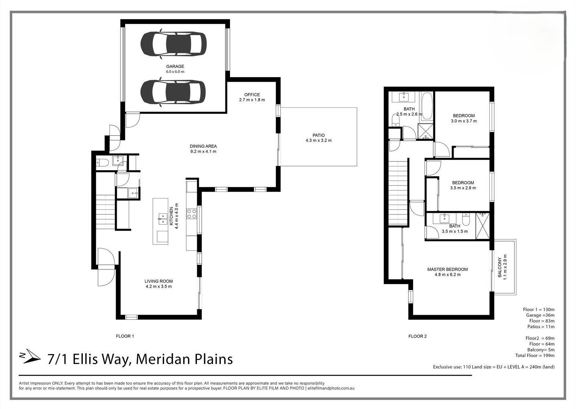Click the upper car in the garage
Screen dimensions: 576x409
(x=174, y=44)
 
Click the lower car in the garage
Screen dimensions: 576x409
(x=173, y=92)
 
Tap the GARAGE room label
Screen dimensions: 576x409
(x=175, y=66)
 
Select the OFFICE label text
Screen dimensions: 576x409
(x=252, y=95)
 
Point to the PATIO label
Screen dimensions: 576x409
(x=319, y=135)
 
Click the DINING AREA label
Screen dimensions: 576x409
(x=203, y=147)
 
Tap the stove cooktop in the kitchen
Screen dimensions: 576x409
(x=191, y=214)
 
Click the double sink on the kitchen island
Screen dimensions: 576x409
(x=163, y=219)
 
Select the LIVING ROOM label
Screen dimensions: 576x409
(x=159, y=281)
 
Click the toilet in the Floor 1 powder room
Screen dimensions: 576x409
(x=102, y=162)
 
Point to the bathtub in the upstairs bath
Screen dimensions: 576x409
(x=427, y=106)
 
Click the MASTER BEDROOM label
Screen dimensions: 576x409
(x=447, y=269)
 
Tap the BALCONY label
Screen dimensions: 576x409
(x=500, y=267)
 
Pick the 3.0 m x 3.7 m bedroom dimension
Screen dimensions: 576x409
(x=464, y=121)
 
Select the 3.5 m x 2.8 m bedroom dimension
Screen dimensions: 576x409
(x=463, y=188)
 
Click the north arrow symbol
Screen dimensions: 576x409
(x=30, y=356)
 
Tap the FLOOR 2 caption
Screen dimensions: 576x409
(x=418, y=336)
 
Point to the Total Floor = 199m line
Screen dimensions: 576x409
(x=535, y=356)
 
